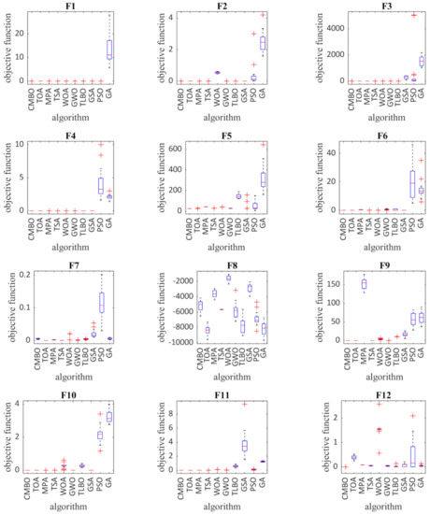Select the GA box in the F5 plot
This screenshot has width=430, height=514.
263,178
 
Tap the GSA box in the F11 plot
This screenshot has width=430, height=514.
245,446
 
